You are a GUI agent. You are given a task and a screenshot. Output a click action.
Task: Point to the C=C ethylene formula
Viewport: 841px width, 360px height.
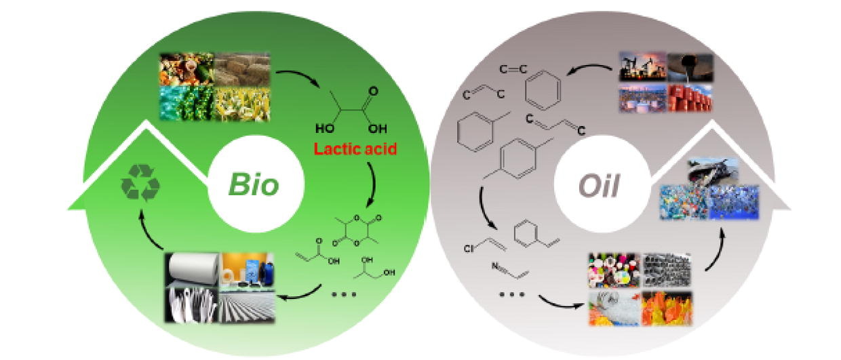pyautogui.click(x=514, y=69)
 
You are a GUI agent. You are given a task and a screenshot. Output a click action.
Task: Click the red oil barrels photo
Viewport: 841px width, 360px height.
pyautogui.click(x=690, y=98)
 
